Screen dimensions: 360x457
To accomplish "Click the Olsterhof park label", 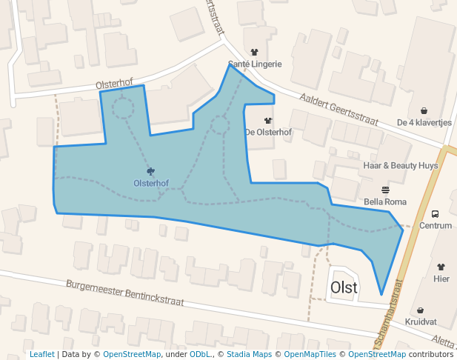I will coord(151,183).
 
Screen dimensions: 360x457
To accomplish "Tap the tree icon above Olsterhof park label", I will coord(151,171).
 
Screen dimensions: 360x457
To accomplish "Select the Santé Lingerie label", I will coord(255,64).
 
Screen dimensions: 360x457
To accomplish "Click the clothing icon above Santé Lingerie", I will coord(255,53).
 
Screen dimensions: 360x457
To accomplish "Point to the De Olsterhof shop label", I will coord(267,133).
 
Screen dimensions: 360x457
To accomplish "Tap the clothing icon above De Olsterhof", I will coord(268,120).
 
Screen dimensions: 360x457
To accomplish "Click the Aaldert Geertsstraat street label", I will coord(339,110).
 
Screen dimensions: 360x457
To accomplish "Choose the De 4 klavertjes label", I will coord(424,123).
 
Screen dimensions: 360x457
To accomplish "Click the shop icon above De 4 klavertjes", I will coord(424,111).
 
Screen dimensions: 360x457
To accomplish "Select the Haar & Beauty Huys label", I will coord(400,165).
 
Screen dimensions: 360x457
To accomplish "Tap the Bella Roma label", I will coord(385,201).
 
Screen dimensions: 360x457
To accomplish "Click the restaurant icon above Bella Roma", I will coord(385,190).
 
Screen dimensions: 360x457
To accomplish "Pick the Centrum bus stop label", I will coord(435,225).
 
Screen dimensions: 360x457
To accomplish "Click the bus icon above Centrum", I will coord(435,213).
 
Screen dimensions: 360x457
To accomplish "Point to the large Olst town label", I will coord(344,287).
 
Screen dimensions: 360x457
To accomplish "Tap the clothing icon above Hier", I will coord(441,267).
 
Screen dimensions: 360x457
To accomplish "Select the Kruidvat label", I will coord(421,322).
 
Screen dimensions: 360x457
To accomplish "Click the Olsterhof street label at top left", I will coord(119,84).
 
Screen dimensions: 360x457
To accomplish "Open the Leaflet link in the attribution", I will coord(41,355).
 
